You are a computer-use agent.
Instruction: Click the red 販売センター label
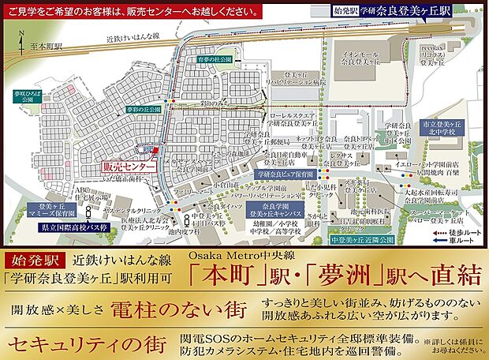pyautogui.click(x=126, y=167)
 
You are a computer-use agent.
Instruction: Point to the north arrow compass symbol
pyautogui.click(x=24, y=36)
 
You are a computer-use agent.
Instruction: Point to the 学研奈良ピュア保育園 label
pyautogui.click(x=286, y=172)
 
